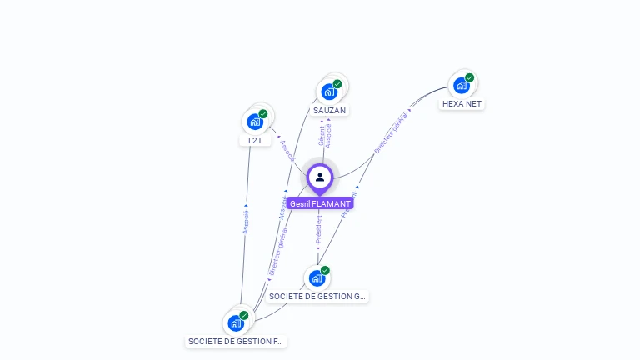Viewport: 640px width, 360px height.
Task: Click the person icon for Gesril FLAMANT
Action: pos(320,177)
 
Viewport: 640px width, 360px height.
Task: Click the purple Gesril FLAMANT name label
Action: pos(320,203)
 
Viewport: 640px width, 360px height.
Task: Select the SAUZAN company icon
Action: pos(329,91)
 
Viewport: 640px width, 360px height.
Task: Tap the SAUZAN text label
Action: pos(329,110)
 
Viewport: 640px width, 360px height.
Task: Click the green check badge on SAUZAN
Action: pos(337,84)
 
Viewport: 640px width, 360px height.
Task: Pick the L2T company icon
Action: pos(255,121)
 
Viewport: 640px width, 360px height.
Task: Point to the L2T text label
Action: pos(255,140)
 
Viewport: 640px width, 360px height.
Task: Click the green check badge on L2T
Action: pos(263,114)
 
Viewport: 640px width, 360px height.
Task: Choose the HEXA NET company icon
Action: pos(461,85)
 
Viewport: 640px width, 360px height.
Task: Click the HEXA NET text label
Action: pos(462,104)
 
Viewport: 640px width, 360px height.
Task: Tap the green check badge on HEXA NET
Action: pos(470,78)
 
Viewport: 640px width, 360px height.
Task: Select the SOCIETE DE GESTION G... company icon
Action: pos(317,277)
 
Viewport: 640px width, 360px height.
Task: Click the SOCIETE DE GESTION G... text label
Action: pos(317,296)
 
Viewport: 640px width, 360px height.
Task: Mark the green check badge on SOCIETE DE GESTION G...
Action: pos(325,271)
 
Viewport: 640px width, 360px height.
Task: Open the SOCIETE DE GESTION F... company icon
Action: pos(236,322)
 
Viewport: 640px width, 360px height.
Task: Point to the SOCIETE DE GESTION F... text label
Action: pos(236,341)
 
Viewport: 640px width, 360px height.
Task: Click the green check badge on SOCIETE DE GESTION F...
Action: pos(244,316)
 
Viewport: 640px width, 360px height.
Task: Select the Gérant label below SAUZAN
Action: pos(322,136)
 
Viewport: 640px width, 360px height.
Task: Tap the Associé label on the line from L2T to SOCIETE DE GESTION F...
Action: pos(246,221)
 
